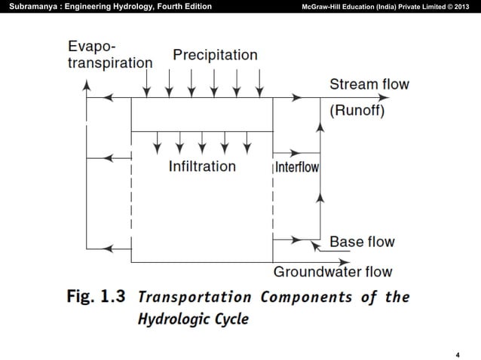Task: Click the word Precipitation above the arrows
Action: click(x=215, y=55)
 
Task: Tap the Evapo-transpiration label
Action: click(x=109, y=55)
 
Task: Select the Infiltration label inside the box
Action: click(x=202, y=166)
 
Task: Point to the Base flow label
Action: click(x=362, y=242)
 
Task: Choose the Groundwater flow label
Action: click(x=332, y=271)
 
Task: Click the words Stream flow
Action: click(x=369, y=84)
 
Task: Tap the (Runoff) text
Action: click(x=357, y=111)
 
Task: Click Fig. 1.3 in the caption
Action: click(x=96, y=296)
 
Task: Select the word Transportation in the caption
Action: click(x=195, y=296)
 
